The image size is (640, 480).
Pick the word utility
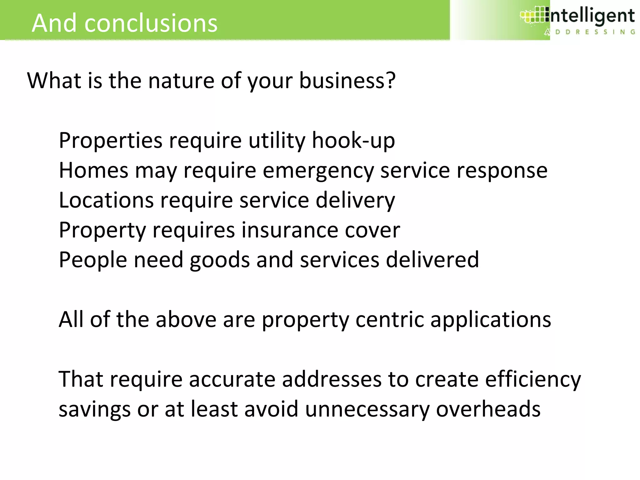tap(277, 140)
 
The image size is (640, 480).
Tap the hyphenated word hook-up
tap(353, 140)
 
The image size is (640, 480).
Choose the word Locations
tap(106, 200)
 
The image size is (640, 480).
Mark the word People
tap(93, 260)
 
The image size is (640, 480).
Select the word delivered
tap(432, 260)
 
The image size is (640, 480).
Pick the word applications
tap(491, 320)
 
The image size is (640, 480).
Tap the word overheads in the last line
tap(488, 409)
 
